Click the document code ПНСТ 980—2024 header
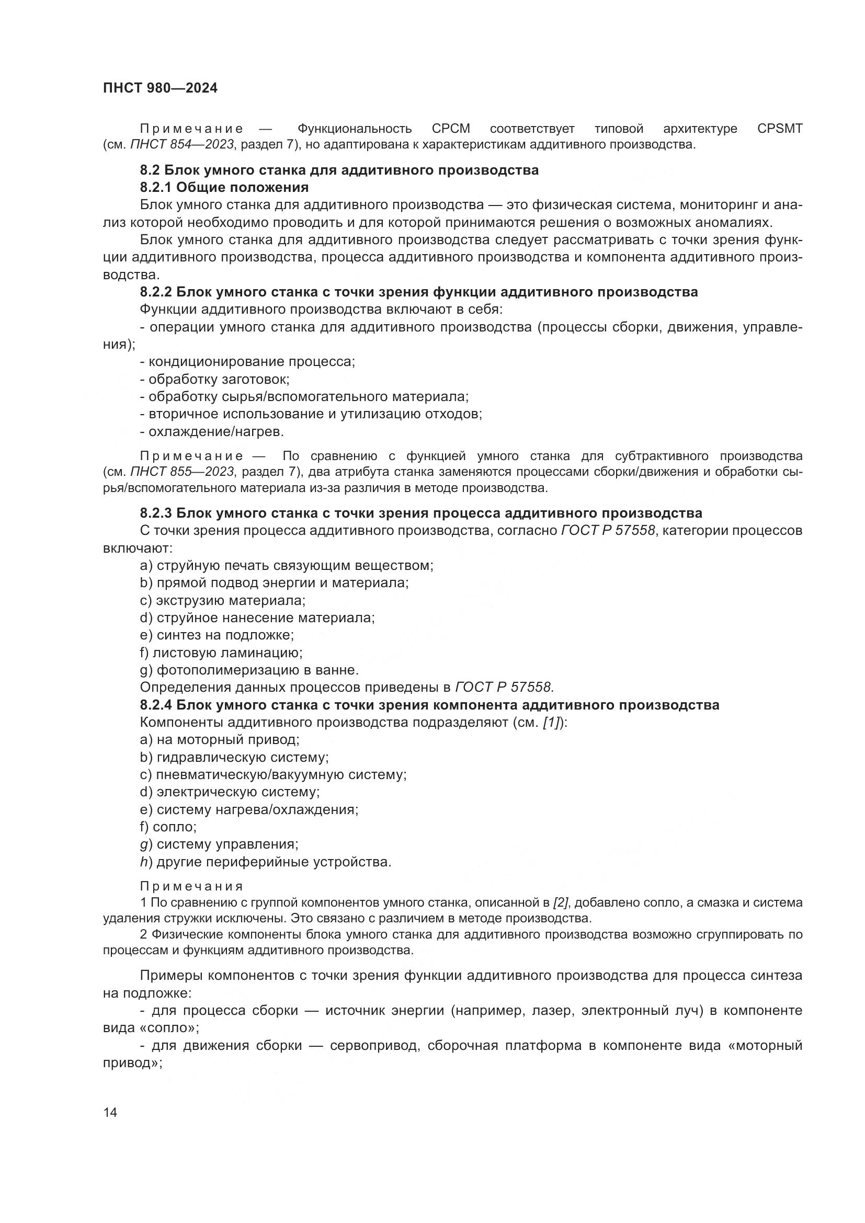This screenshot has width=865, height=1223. (x=161, y=88)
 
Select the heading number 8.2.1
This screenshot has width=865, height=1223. (x=155, y=188)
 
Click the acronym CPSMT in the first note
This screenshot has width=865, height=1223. (x=779, y=129)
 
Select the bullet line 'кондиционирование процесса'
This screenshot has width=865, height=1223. (x=248, y=362)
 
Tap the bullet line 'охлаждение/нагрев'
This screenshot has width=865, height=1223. (x=212, y=431)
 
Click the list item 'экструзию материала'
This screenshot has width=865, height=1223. (x=223, y=601)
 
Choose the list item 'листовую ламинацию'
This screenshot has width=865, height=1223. (x=221, y=653)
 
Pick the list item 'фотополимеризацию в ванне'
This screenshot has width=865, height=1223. (x=249, y=670)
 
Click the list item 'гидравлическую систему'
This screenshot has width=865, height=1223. (x=234, y=758)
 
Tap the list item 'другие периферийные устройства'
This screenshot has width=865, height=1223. (x=265, y=862)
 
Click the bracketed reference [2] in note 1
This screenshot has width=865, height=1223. (x=561, y=902)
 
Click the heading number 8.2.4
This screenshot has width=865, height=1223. (x=155, y=705)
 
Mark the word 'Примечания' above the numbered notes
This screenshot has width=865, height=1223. (x=192, y=886)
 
